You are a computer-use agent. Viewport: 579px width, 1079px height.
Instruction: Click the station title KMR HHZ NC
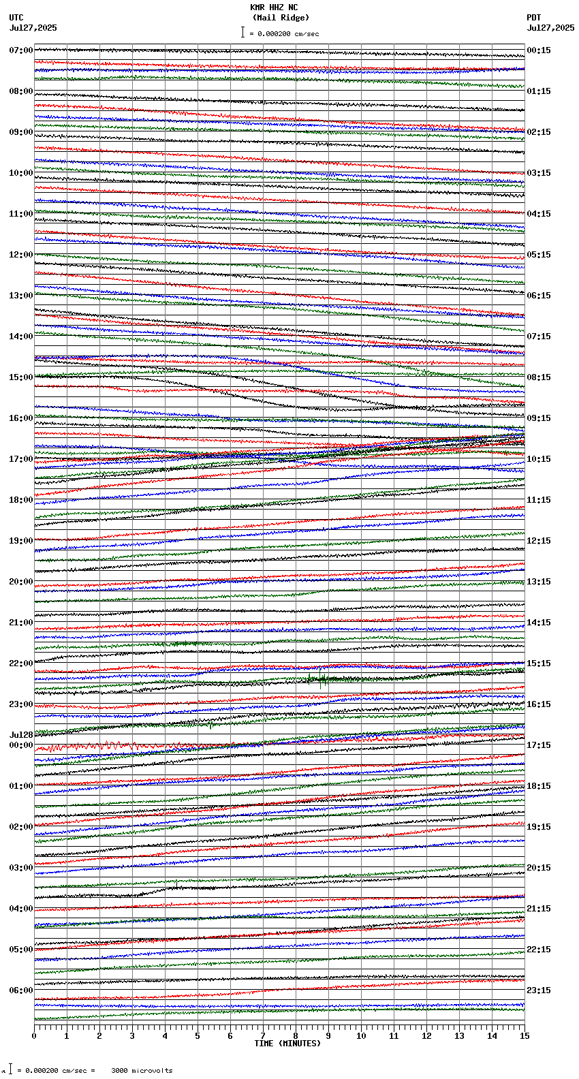click(x=274, y=7)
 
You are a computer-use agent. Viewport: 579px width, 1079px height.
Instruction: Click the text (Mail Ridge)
click(x=281, y=18)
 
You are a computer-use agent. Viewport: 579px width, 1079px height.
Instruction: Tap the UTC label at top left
click(x=16, y=18)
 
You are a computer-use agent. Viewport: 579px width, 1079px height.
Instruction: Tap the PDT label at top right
click(x=534, y=18)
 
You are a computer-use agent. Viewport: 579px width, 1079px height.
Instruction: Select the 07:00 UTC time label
click(x=20, y=50)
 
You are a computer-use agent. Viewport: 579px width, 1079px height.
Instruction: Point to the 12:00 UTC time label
click(x=20, y=255)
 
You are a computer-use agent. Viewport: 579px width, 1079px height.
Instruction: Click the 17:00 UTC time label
click(x=20, y=459)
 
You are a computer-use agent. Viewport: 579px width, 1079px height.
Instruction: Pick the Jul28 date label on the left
click(x=21, y=735)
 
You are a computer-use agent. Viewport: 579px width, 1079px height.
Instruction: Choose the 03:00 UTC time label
click(x=20, y=868)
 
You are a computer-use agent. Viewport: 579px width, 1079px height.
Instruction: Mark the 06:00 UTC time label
click(x=20, y=990)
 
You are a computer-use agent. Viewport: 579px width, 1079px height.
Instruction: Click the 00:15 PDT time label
click(x=539, y=50)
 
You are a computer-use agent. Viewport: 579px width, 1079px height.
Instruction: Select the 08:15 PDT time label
click(x=539, y=377)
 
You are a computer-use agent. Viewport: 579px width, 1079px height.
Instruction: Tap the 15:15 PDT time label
click(x=539, y=663)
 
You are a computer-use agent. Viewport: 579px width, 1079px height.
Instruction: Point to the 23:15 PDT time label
click(x=539, y=990)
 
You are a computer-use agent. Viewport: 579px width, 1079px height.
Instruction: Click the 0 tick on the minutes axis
click(x=34, y=1036)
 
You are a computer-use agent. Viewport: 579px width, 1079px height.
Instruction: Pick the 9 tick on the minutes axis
click(x=328, y=1036)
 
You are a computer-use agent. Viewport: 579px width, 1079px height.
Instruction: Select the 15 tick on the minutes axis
click(x=525, y=1036)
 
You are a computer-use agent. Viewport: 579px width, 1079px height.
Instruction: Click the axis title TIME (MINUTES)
click(x=287, y=1044)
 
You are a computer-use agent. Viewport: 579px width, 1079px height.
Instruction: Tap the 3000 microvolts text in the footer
click(x=142, y=1070)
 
